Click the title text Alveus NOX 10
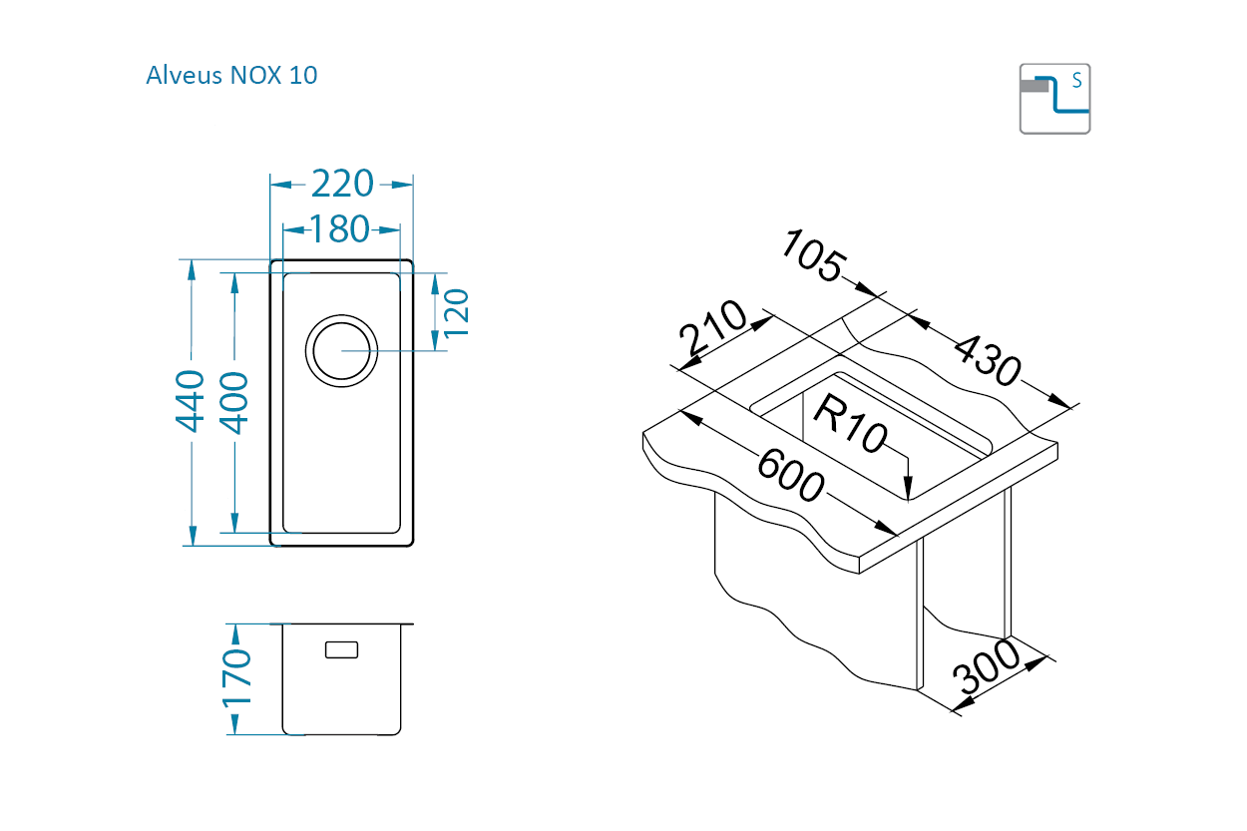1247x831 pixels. [x=231, y=75]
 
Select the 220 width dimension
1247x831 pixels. [x=342, y=184]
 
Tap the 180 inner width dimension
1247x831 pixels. [x=339, y=228]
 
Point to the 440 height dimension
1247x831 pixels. [x=190, y=401]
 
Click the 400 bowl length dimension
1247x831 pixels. [x=233, y=403]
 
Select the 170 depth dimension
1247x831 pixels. [x=236, y=678]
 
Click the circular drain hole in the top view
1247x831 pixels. [x=341, y=351]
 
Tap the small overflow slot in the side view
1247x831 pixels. [x=341, y=649]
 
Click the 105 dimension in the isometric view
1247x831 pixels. [x=814, y=256]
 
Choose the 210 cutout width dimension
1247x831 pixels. [x=712, y=328]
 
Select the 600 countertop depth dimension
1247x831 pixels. [x=790, y=475]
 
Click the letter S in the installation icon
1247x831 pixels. [x=1077, y=81]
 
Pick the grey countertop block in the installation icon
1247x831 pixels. [x=1035, y=86]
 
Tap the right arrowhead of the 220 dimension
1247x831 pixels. [x=402, y=185]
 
